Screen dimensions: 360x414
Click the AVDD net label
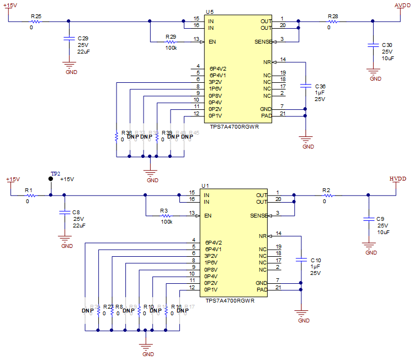click(x=402, y=6)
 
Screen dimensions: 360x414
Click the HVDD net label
click(x=398, y=179)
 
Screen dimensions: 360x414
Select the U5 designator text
click(x=209, y=12)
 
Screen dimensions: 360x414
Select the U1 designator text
click(x=205, y=186)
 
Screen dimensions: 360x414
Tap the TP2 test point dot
click(x=51, y=180)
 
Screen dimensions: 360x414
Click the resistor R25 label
click(x=36, y=17)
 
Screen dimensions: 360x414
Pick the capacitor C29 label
click(x=83, y=38)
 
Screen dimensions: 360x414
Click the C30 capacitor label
click(x=387, y=45)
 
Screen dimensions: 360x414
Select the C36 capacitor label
click(x=320, y=87)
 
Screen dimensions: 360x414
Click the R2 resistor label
click(x=326, y=190)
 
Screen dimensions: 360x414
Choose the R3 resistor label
click(x=164, y=211)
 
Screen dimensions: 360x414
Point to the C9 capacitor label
click(x=381, y=219)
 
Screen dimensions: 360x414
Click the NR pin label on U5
click(x=267, y=62)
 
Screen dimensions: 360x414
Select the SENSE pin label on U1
click(x=259, y=215)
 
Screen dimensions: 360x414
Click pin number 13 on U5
click(x=196, y=39)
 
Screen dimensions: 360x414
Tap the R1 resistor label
click(x=29, y=190)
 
